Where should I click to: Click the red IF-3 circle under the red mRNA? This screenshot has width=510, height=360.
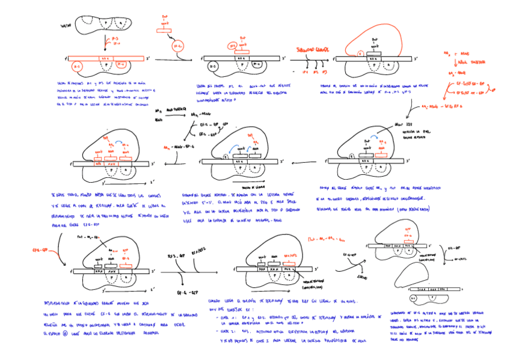[77, 66]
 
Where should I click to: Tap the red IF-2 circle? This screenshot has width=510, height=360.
[178, 47]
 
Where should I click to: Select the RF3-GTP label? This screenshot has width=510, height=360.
[177, 255]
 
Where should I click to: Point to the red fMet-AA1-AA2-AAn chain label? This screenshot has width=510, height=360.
[321, 239]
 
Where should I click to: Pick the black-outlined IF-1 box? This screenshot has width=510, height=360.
[257, 64]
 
